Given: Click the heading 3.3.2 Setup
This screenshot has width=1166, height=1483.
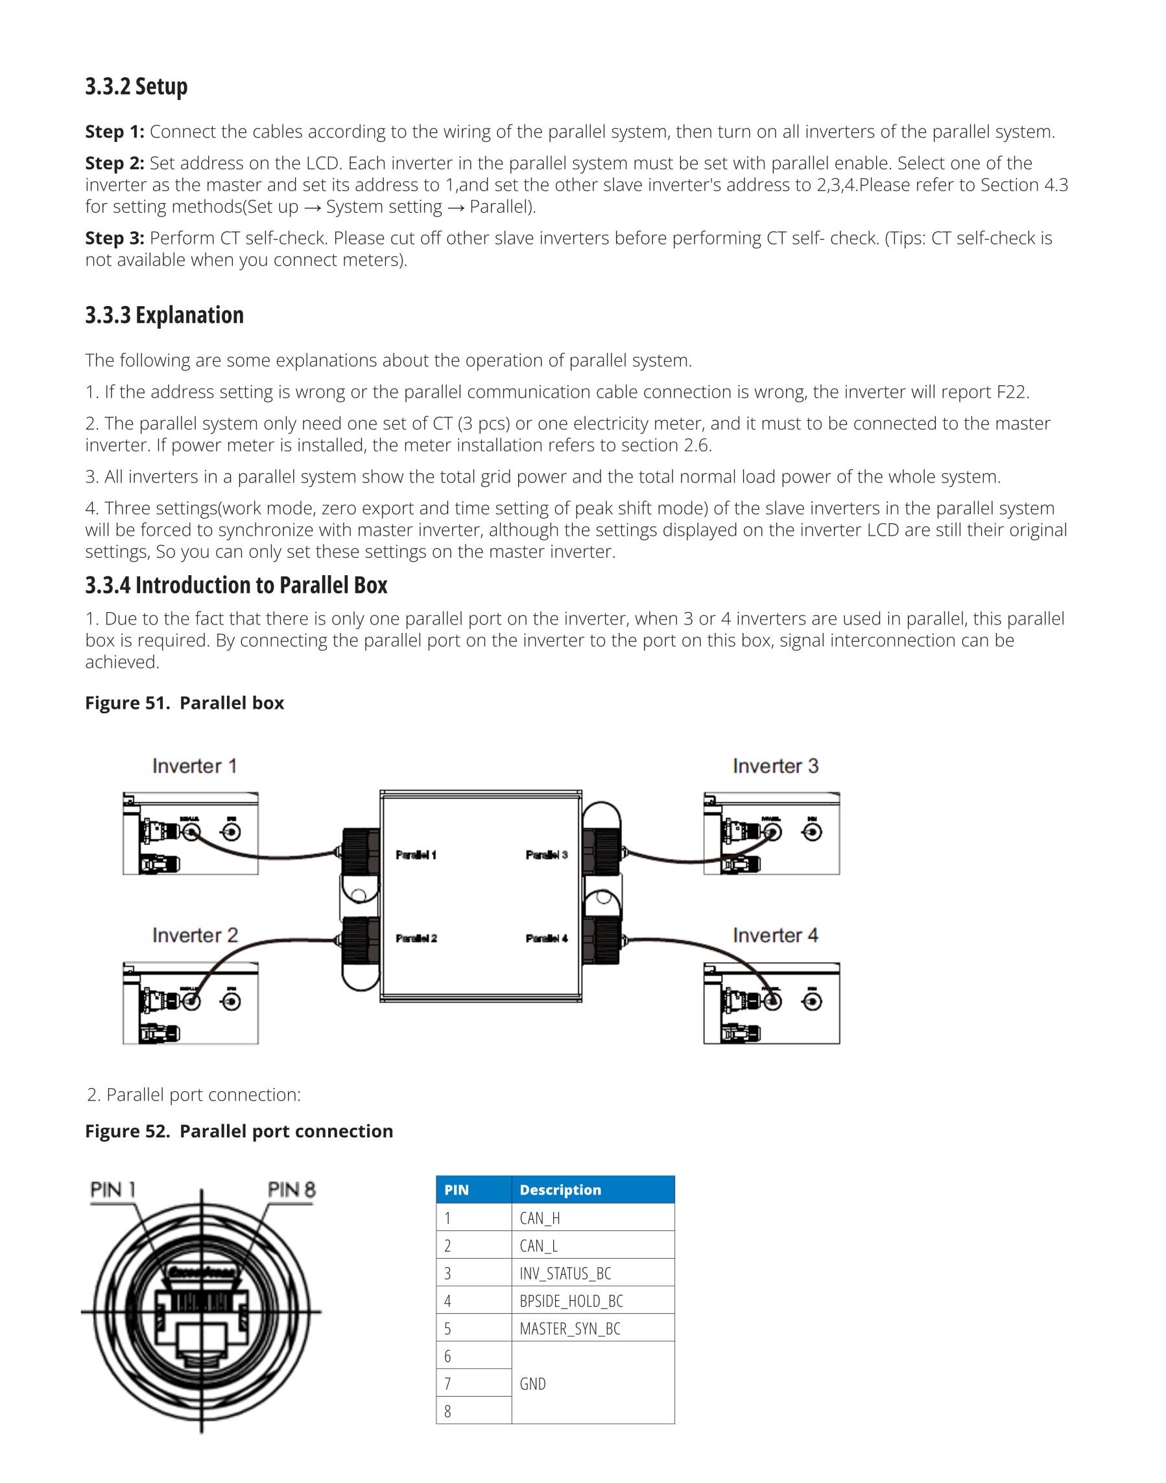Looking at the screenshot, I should point(137,87).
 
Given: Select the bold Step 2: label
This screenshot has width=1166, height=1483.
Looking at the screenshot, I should point(115,163).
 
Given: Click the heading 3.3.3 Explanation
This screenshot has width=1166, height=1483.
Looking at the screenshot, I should point(165,315).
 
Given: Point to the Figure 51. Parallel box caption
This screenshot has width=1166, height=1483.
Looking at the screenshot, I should point(184,703).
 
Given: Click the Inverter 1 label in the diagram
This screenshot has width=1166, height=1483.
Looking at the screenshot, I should point(195,766).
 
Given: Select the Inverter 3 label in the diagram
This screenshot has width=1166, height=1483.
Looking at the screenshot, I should point(776,766).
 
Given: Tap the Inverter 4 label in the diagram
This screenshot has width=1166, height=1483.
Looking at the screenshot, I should point(776,935).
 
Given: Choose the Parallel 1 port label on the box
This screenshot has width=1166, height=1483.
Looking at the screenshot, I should point(416,855).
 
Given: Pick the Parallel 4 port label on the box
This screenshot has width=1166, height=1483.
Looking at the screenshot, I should point(547,938).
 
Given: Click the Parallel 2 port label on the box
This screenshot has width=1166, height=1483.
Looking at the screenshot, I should point(416,938).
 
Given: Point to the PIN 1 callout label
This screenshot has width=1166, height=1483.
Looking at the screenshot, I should point(113,1189).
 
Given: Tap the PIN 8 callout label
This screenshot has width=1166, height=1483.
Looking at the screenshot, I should point(292,1189).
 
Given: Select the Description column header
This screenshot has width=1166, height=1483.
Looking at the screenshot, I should point(560,1189).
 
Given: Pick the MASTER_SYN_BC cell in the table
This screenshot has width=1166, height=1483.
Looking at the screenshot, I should point(570,1328).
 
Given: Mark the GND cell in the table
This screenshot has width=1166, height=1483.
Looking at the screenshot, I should point(532,1383).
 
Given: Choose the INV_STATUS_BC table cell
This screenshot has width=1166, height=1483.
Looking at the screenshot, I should point(565,1273).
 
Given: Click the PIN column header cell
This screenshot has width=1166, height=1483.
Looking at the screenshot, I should point(457,1189).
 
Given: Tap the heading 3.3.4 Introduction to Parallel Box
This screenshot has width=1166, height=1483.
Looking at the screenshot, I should point(236,586).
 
